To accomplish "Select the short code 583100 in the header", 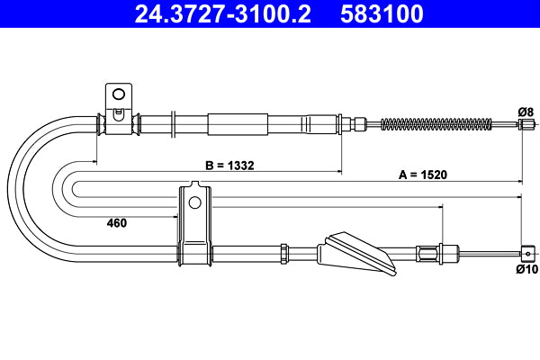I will pyautogui.click(x=378, y=14).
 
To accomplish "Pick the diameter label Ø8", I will pyautogui.click(x=526, y=111).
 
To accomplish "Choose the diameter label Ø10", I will pyautogui.click(x=526, y=268).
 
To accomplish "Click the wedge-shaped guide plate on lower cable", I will pyautogui.click(x=355, y=255).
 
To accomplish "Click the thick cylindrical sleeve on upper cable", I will pyautogui.click(x=238, y=123).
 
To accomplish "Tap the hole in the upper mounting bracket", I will pyautogui.click(x=118, y=94).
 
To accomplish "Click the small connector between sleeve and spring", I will pyautogui.click(x=358, y=124).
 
